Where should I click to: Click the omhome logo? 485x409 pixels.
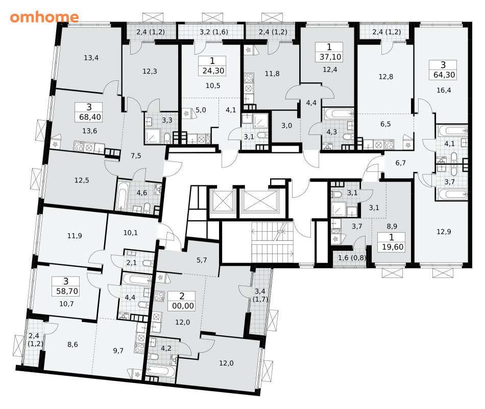(x=44, y=17)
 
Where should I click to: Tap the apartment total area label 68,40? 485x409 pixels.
(x=90, y=117)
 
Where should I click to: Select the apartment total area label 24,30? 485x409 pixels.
(x=213, y=71)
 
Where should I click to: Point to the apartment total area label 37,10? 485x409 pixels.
(x=330, y=57)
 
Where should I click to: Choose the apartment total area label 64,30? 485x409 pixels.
(x=444, y=75)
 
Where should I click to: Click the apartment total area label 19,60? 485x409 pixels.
(x=392, y=247)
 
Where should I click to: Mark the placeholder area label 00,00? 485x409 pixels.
(x=183, y=306)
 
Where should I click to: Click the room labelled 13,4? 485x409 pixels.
(x=91, y=58)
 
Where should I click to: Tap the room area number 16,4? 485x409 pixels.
(x=444, y=90)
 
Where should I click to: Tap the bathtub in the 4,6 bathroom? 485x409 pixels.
(x=122, y=195)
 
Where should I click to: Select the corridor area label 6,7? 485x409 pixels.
(x=400, y=163)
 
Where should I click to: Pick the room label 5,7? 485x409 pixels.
(x=202, y=260)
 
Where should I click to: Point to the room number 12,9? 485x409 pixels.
(x=444, y=232)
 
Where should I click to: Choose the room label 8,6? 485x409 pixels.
(x=72, y=344)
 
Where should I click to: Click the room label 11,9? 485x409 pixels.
(x=75, y=236)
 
